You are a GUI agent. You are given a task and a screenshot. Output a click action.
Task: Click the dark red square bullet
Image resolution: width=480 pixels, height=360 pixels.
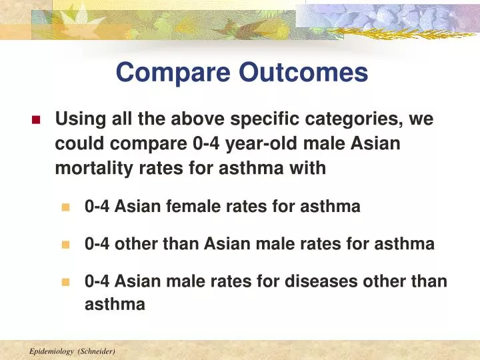36,121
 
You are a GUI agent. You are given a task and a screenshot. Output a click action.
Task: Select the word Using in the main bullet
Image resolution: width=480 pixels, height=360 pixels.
75,120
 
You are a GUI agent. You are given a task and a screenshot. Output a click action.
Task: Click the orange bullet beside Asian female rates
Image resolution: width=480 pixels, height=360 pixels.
65,207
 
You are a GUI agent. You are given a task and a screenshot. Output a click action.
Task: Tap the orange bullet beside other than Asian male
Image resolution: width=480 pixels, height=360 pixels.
65,245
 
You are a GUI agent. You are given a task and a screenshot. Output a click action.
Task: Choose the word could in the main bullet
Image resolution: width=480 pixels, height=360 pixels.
77,144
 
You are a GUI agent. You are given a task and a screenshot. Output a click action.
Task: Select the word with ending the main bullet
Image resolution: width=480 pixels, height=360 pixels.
309,168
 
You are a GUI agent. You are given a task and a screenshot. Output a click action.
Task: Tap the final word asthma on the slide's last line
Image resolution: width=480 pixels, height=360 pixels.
115,305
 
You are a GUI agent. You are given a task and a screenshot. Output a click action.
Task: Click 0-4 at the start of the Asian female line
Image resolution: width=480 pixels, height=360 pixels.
97,207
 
